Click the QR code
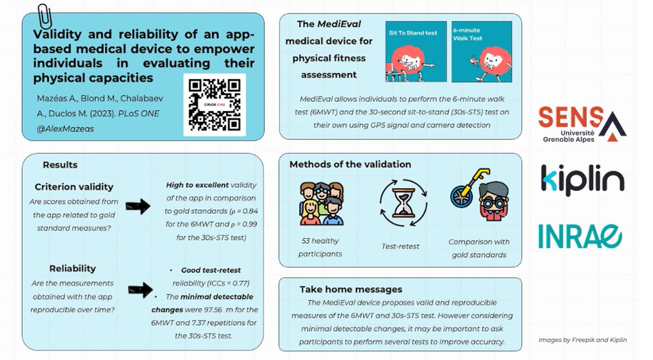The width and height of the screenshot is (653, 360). click(x=214, y=104)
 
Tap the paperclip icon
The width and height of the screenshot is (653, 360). click(x=44, y=17)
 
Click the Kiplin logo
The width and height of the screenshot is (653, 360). click(x=582, y=179)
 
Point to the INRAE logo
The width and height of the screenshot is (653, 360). click(x=580, y=236)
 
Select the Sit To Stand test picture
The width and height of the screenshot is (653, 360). click(x=416, y=52)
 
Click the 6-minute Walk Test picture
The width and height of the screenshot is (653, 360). click(x=482, y=52)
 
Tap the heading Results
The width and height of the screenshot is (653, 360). click(x=60, y=165)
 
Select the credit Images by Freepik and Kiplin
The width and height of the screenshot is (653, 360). click(x=582, y=340)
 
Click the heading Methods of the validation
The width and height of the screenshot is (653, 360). click(x=350, y=164)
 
